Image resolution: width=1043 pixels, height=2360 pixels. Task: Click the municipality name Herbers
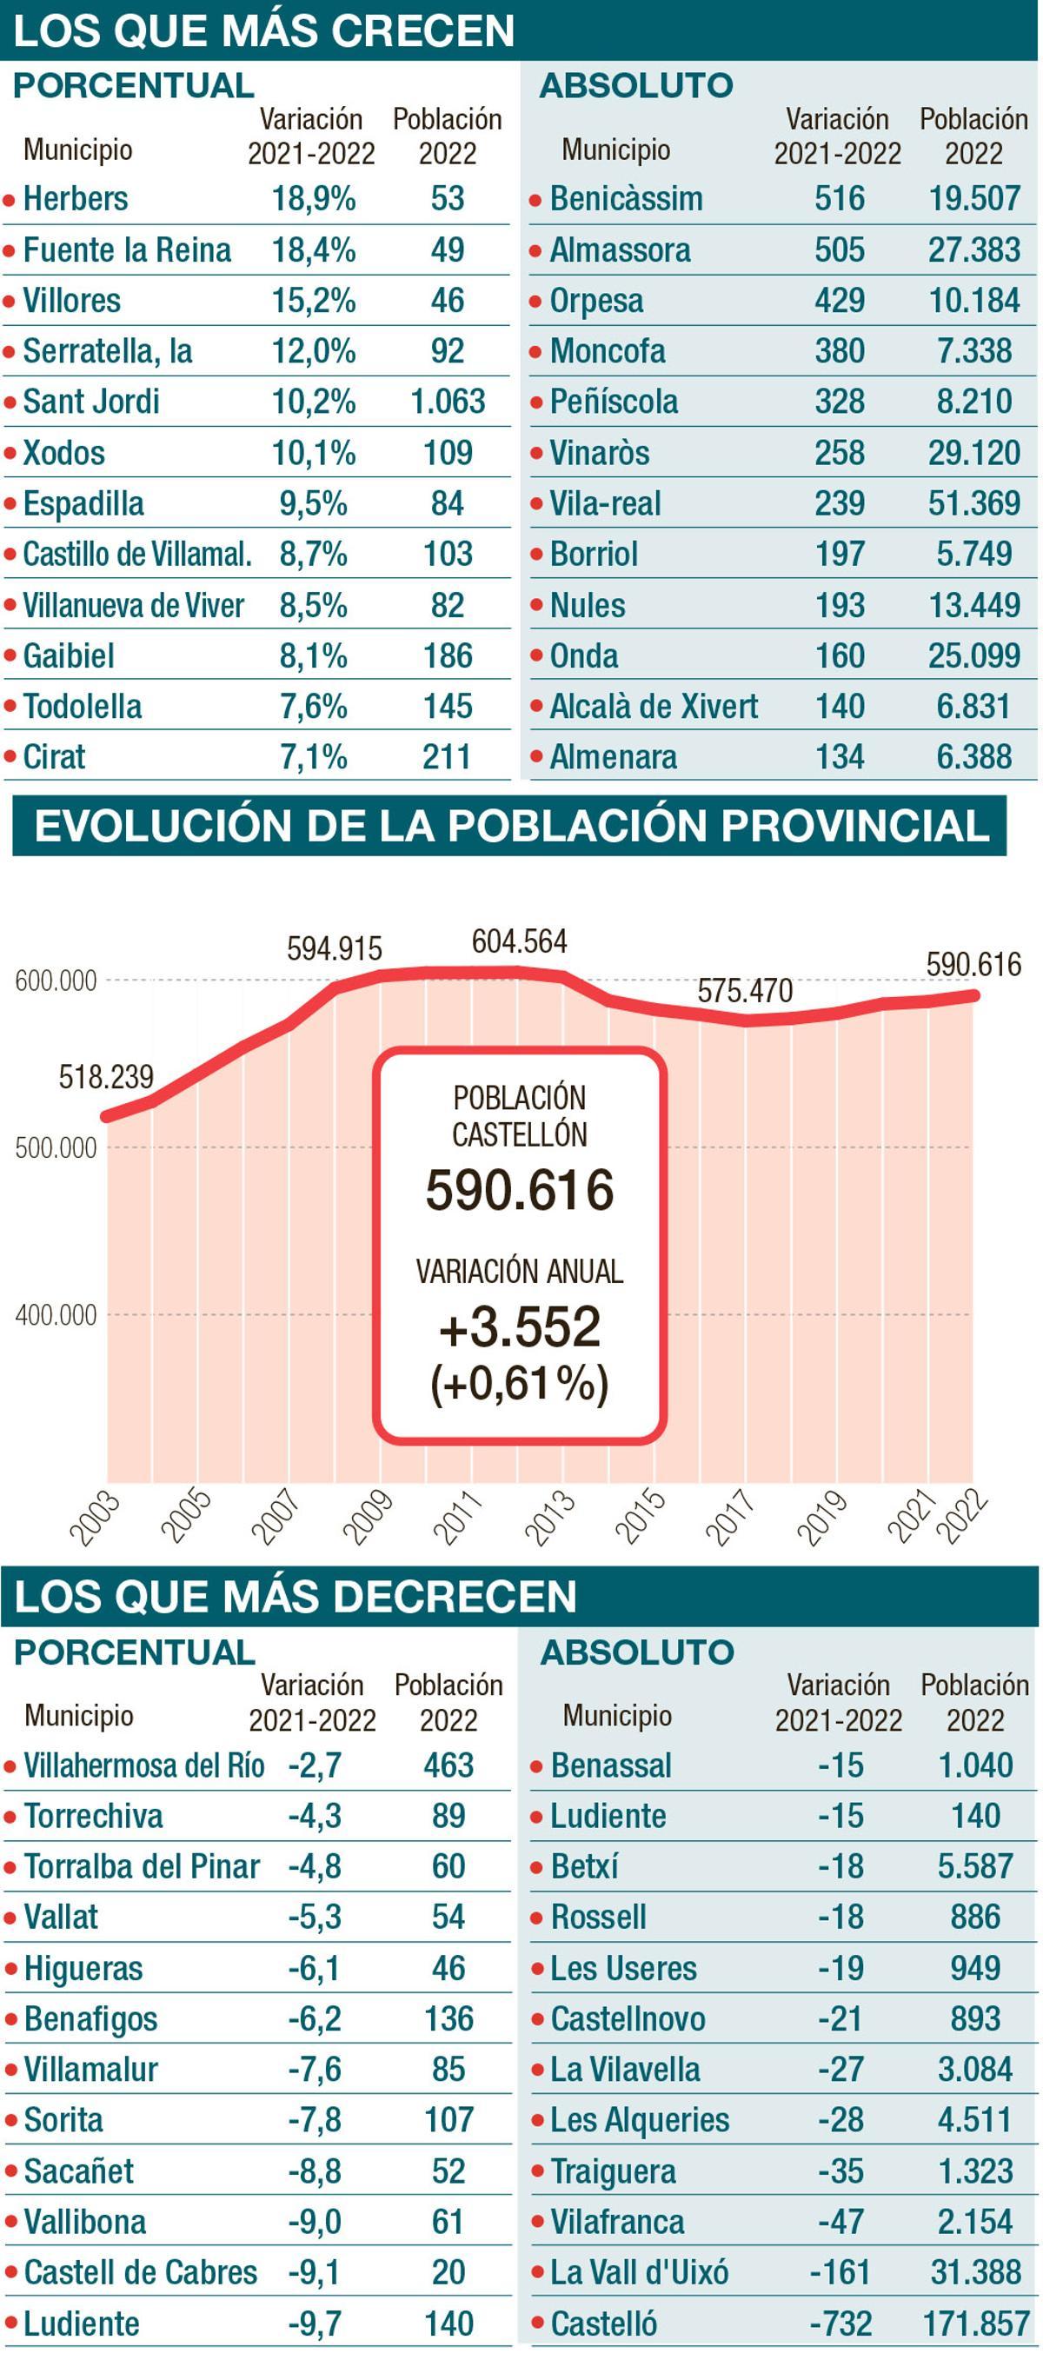[75, 199]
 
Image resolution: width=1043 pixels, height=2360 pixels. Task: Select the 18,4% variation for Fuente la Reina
[313, 250]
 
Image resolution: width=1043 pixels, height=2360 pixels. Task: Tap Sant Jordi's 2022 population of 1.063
[448, 402]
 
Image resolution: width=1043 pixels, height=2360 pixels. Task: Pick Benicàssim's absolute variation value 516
[839, 199]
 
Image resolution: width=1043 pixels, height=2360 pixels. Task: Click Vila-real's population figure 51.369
[973, 503]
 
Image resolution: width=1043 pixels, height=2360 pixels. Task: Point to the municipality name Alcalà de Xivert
[653, 707]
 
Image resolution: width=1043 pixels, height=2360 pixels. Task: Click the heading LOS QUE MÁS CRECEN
[263, 30]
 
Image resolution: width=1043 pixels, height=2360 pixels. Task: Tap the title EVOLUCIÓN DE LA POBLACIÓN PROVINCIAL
[511, 826]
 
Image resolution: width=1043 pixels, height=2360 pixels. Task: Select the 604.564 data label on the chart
[519, 941]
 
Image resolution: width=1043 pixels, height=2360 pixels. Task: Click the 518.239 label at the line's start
[106, 1076]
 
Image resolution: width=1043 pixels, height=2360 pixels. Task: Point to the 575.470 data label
[745, 990]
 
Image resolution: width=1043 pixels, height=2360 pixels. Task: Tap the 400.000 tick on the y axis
[55, 1315]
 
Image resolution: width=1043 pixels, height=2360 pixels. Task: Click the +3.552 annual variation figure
[519, 1326]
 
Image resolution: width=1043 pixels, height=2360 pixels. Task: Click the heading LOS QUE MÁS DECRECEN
[295, 1597]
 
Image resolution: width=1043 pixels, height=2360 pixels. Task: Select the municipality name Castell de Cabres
[140, 2272]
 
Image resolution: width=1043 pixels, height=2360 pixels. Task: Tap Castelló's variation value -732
[840, 2323]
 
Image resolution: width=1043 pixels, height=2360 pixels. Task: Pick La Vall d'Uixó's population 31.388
[975, 2272]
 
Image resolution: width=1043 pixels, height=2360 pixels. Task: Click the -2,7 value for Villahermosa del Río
[314, 1765]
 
